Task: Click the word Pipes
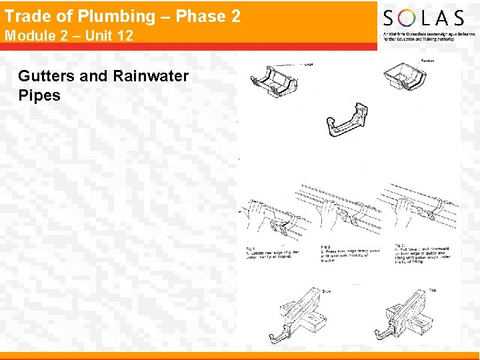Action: coord(39,95)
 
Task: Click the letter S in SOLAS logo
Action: coord(390,18)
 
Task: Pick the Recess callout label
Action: coord(427,61)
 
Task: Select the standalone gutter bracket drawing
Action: coord(346,121)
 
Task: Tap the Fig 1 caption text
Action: coord(272,252)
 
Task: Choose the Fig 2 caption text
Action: coord(351,253)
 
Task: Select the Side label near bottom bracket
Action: coord(327,291)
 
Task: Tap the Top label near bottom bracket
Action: coord(433,290)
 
